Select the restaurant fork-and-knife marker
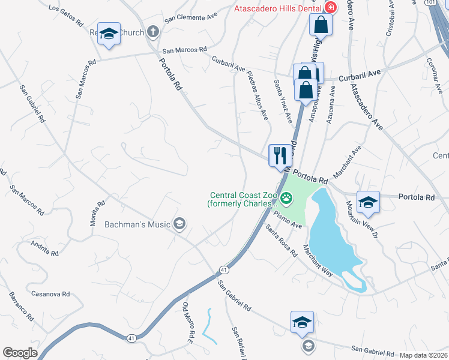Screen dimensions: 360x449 280,157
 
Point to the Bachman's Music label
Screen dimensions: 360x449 137,225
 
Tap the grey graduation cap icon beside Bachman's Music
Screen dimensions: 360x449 179,225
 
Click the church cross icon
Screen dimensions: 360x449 153,31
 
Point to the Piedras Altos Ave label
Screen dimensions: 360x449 257,94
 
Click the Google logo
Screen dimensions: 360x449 20,353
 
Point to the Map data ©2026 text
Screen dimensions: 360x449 423,355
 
